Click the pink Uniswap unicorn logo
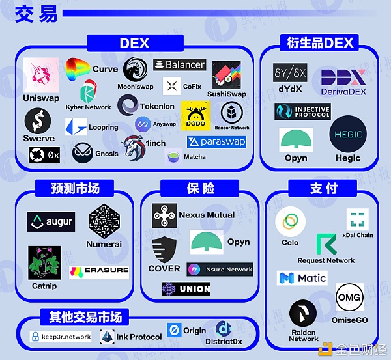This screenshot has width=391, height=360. (41, 76)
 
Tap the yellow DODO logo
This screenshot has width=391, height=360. (195, 115)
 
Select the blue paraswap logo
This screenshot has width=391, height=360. (207, 142)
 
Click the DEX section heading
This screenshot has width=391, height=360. (134, 44)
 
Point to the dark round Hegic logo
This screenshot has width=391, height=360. (348, 134)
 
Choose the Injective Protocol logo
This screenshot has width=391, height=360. (302, 111)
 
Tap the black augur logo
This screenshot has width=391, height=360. (51, 222)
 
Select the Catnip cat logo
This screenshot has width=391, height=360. (44, 264)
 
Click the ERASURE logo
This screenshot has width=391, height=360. (99, 270)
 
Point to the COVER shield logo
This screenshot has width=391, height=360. (164, 249)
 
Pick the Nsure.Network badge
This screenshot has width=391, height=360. (220, 269)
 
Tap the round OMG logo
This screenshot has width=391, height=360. (349, 298)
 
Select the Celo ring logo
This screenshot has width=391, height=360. (290, 223)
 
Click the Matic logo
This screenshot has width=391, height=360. (302, 279)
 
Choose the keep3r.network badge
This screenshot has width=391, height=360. (61, 337)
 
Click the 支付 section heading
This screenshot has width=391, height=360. (324, 189)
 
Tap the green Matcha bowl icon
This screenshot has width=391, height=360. (173, 156)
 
